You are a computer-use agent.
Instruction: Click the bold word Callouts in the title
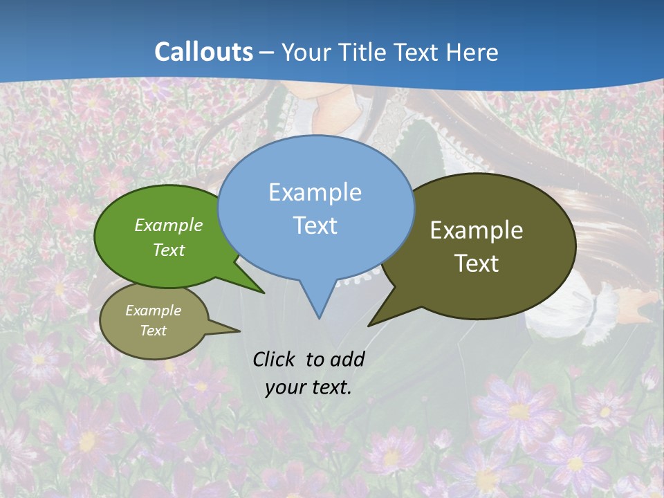coord(203,52)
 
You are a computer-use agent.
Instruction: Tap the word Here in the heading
coord(473,52)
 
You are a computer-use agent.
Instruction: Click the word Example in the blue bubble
coord(315,192)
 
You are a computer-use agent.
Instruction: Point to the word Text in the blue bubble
coord(315,225)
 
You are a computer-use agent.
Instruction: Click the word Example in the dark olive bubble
coord(477,230)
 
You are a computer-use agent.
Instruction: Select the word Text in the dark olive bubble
coord(477,264)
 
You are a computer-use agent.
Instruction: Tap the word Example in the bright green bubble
coord(169,225)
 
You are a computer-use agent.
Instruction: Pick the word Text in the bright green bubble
coord(169,250)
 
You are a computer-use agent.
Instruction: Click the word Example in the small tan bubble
coord(153,311)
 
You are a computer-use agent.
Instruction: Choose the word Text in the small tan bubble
coord(153,331)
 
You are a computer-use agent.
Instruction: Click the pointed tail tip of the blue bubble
coord(319,317)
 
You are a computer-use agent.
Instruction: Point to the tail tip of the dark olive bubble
coord(369,325)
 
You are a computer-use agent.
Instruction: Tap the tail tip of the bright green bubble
coord(264,293)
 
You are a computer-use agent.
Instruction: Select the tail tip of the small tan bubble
coord(239,331)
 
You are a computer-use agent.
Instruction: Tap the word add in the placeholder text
coord(347,359)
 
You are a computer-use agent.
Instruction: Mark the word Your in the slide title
coord(308,52)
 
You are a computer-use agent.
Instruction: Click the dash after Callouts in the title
coord(267,53)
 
